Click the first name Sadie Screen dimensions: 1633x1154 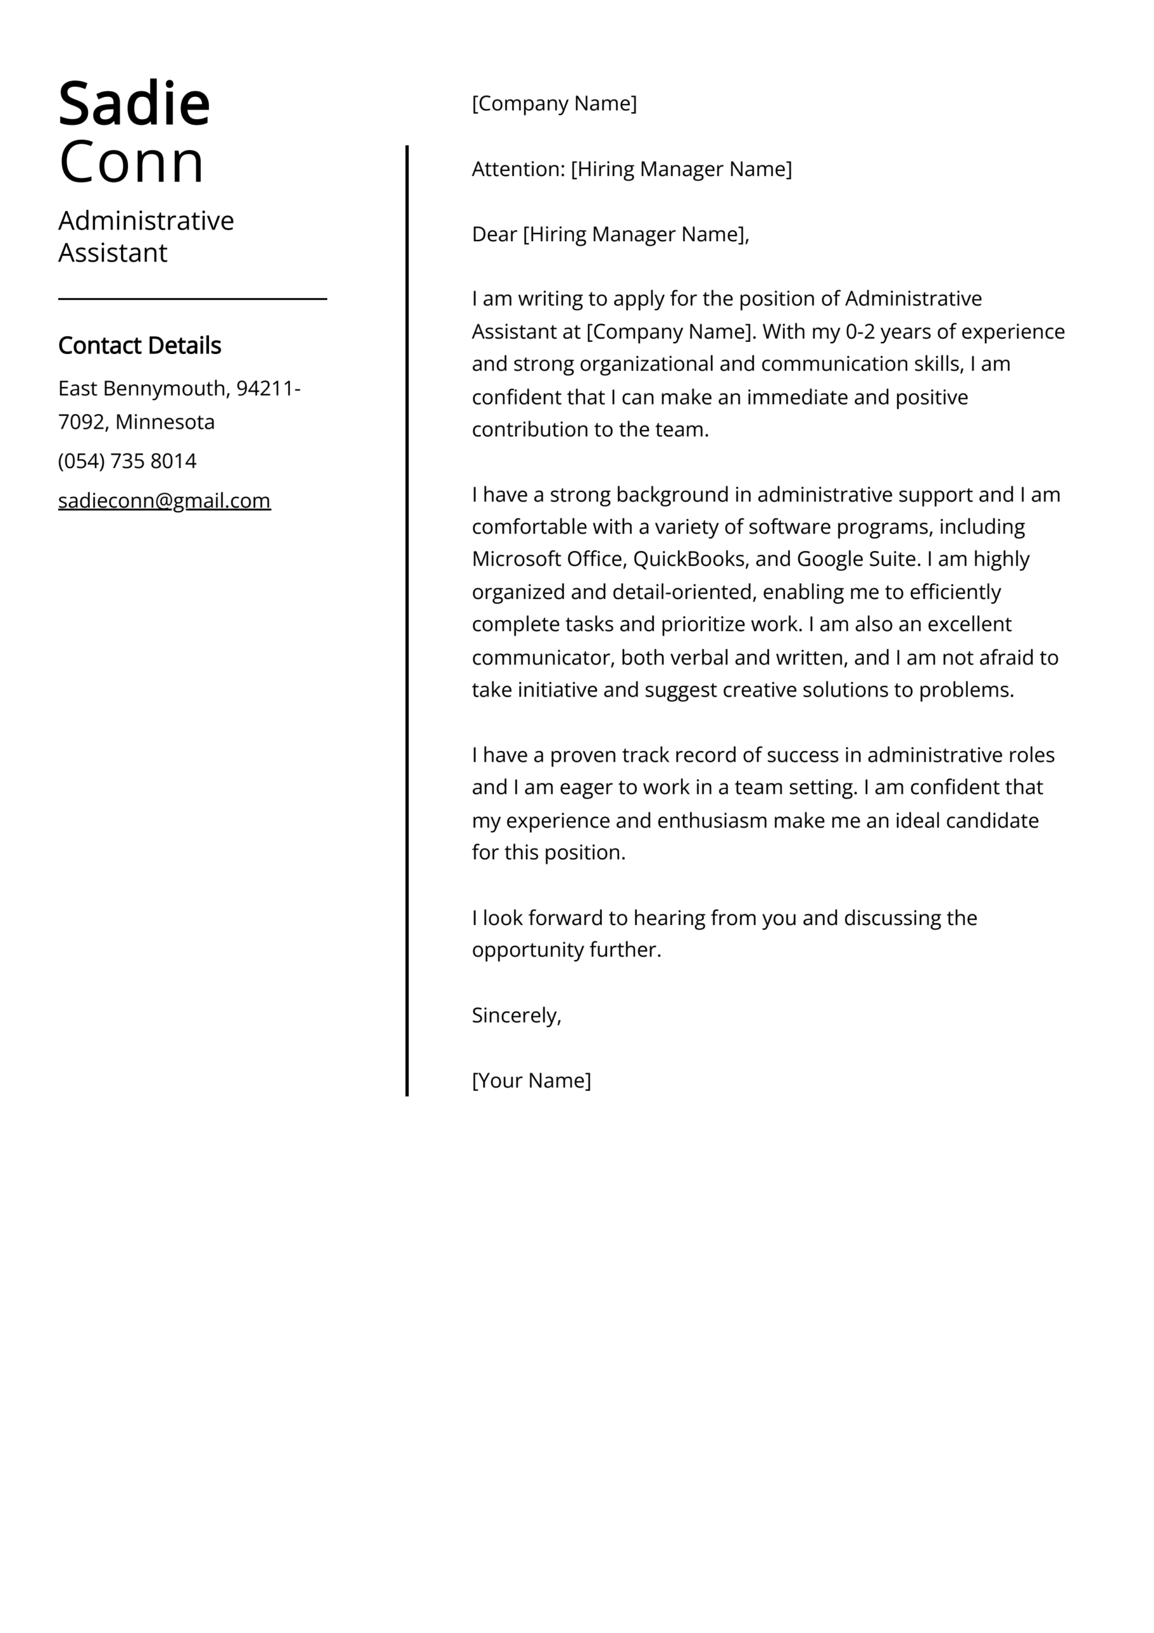pyautogui.click(x=134, y=105)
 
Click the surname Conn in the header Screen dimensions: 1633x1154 pyautogui.click(x=131, y=162)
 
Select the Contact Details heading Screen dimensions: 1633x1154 pyautogui.click(x=140, y=346)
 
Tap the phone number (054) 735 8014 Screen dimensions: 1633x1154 pyautogui.click(x=128, y=461)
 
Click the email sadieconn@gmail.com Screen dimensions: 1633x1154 pyautogui.click(x=164, y=501)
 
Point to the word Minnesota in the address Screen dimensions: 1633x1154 pyautogui.click(x=165, y=422)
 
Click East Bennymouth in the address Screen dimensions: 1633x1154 pyautogui.click(x=142, y=388)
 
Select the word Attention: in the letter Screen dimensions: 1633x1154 pyautogui.click(x=518, y=169)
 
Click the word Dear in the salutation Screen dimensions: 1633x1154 pyautogui.click(x=494, y=234)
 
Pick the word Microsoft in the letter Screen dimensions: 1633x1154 pyautogui.click(x=516, y=559)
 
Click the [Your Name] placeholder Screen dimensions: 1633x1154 pyautogui.click(x=531, y=1081)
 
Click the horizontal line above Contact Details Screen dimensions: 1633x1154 pyautogui.click(x=192, y=299)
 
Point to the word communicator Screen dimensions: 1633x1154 pyautogui.click(x=543, y=657)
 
